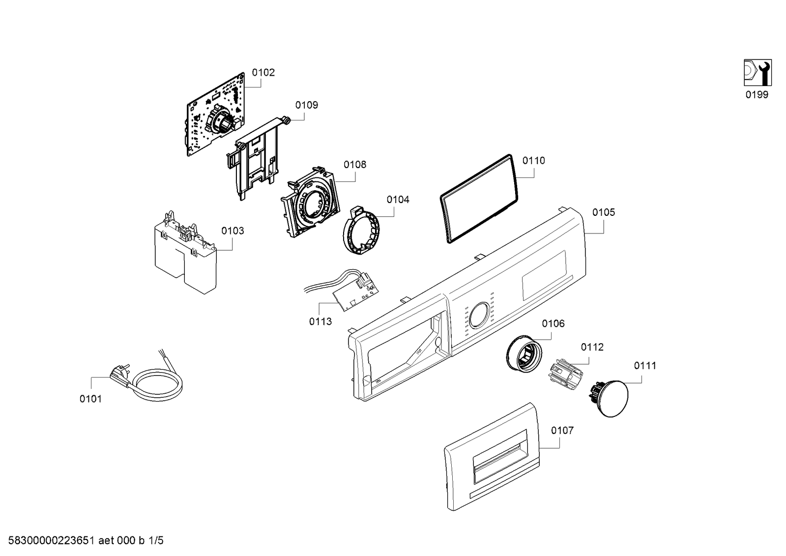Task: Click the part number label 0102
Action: point(263,73)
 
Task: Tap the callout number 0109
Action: point(306,105)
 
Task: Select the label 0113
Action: point(320,322)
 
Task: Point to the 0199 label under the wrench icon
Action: point(757,95)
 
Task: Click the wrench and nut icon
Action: point(757,73)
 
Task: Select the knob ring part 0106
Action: point(524,353)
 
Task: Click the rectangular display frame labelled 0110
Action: point(479,198)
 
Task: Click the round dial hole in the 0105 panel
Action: point(479,316)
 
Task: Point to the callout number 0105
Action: point(603,212)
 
